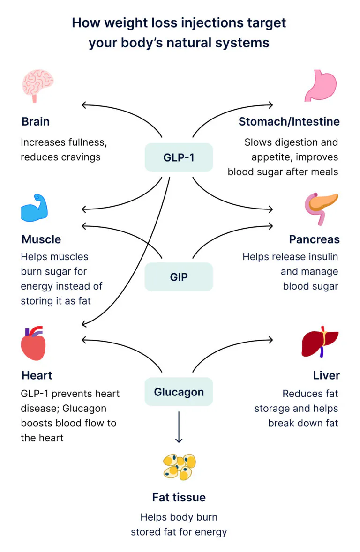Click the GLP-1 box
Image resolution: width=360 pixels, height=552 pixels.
(x=179, y=157)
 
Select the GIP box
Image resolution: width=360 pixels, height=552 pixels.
(x=179, y=277)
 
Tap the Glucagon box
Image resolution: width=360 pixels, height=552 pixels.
(x=179, y=392)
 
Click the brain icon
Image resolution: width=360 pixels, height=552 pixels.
(x=37, y=86)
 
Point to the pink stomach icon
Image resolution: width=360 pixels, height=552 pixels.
(x=320, y=86)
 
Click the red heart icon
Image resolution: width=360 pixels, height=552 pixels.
(x=33, y=343)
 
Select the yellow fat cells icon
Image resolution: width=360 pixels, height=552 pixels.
(x=179, y=466)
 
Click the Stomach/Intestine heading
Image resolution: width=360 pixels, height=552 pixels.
(x=289, y=122)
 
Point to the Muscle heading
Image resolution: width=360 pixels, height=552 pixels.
(x=41, y=239)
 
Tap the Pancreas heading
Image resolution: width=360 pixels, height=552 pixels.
(x=314, y=239)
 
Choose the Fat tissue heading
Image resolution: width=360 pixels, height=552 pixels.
(x=179, y=497)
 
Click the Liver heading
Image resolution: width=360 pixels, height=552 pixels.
(x=326, y=375)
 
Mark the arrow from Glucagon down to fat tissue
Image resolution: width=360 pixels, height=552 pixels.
(x=179, y=427)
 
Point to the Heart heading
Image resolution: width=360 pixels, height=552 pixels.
(x=37, y=375)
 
